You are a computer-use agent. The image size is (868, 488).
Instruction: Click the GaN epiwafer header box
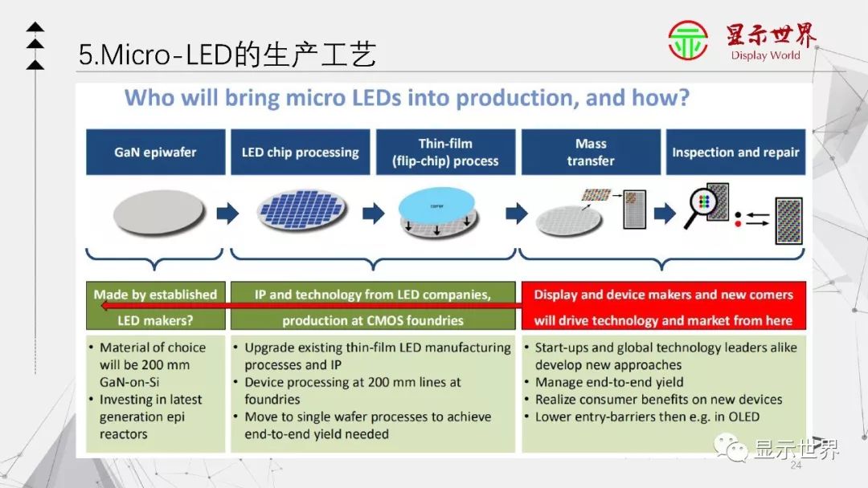(155, 152)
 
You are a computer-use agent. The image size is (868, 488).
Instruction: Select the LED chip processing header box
(300, 152)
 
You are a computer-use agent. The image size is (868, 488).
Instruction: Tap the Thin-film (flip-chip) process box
(446, 152)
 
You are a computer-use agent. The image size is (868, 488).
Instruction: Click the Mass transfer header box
(591, 152)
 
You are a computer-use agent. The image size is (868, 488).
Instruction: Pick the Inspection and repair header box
(736, 152)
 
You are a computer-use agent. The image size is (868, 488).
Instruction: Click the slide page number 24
(796, 466)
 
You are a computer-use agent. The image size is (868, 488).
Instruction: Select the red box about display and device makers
(663, 306)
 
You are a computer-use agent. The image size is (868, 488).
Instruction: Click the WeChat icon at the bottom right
(732, 447)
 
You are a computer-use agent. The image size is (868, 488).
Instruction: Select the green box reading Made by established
(155, 295)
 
